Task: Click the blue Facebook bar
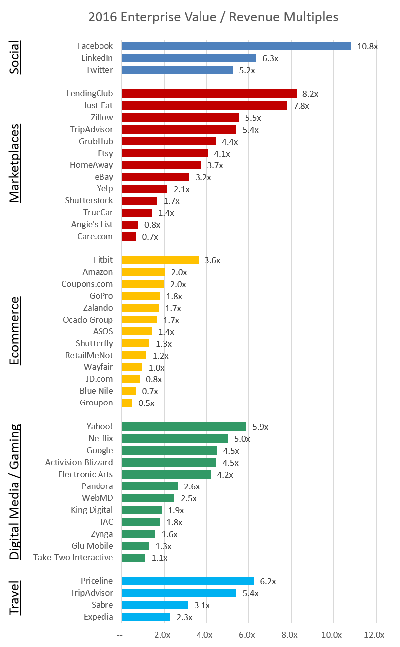click(236, 46)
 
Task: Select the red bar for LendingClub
click(209, 93)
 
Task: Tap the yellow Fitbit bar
click(160, 260)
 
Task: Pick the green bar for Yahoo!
click(184, 426)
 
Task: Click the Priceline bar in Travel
click(188, 581)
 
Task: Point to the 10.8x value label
click(367, 46)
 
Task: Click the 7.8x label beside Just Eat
click(301, 106)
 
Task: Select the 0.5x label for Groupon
click(146, 403)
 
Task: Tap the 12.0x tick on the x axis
click(374, 635)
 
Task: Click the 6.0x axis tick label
click(247, 635)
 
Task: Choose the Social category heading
click(16, 57)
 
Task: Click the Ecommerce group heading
click(16, 330)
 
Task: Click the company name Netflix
click(100, 438)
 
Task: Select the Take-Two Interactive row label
click(73, 557)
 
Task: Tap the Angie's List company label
click(92, 224)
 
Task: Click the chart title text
click(213, 17)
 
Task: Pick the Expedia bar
click(146, 617)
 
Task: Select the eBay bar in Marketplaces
click(155, 177)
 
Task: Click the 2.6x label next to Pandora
click(192, 486)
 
